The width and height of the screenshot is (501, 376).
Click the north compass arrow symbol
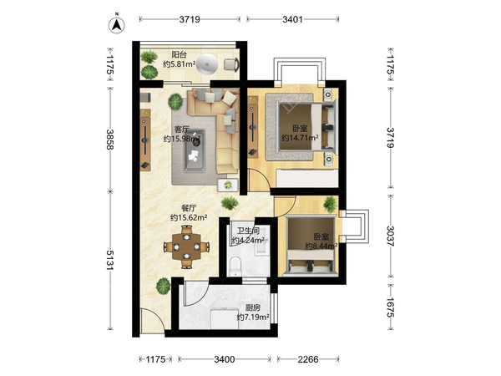pyautogui.click(x=117, y=24)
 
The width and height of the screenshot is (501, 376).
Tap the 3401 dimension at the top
pyautogui.click(x=292, y=19)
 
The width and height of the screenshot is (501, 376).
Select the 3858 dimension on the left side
pyautogui.click(x=110, y=139)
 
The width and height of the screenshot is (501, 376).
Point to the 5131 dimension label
pyautogui.click(x=110, y=260)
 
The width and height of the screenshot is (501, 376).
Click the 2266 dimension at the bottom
pyautogui.click(x=308, y=359)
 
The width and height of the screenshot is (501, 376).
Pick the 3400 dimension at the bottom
pyautogui.click(x=225, y=359)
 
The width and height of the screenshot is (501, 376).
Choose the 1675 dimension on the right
pyautogui.click(x=391, y=307)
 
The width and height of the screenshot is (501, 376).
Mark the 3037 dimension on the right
pyautogui.click(x=391, y=236)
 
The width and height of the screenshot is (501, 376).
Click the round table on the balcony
pyautogui.click(x=207, y=64)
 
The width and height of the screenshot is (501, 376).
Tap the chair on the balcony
pyautogui.click(x=231, y=64)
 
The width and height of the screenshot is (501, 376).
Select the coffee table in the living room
pyautogui.click(x=195, y=150)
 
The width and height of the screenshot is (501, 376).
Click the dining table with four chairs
pyautogui.click(x=186, y=246)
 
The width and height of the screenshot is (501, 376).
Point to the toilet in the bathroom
pyautogui.click(x=235, y=266)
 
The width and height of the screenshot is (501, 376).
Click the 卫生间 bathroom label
pyautogui.click(x=248, y=231)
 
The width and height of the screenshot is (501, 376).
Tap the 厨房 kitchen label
pyautogui.click(x=253, y=307)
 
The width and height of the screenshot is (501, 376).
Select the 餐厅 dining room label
pyautogui.click(x=189, y=208)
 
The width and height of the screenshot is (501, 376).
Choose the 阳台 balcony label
pyautogui.click(x=179, y=54)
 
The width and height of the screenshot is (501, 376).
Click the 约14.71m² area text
pyautogui.click(x=300, y=138)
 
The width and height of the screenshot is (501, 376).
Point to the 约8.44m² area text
pyautogui.click(x=321, y=246)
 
